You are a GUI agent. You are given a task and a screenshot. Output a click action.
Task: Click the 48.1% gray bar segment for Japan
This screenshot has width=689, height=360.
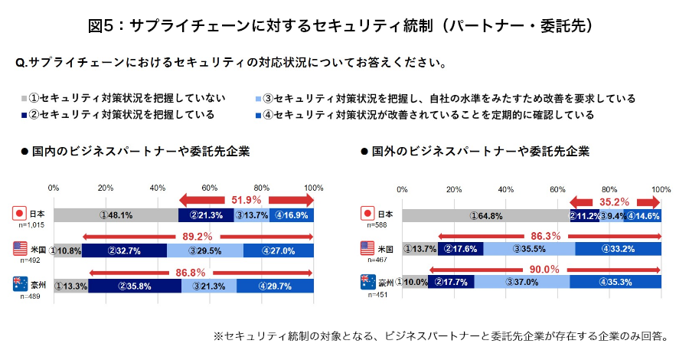(116, 216)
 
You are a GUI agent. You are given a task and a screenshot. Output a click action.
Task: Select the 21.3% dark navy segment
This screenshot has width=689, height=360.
(206, 216)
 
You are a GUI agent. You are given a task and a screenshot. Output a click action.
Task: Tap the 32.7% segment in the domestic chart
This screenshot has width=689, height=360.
(124, 250)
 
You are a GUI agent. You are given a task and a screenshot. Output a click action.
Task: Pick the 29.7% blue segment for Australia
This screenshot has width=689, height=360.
(275, 286)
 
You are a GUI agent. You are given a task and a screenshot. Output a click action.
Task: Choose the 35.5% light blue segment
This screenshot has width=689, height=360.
(529, 248)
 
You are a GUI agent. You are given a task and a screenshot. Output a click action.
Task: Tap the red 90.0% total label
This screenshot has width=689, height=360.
(545, 269)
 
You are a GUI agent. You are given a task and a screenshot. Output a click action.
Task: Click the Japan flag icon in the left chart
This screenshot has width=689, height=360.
(21, 214)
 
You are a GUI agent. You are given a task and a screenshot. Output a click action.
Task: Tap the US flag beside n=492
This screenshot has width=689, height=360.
(21, 249)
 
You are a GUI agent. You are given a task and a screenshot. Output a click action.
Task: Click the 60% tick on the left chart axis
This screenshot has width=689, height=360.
(210, 187)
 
